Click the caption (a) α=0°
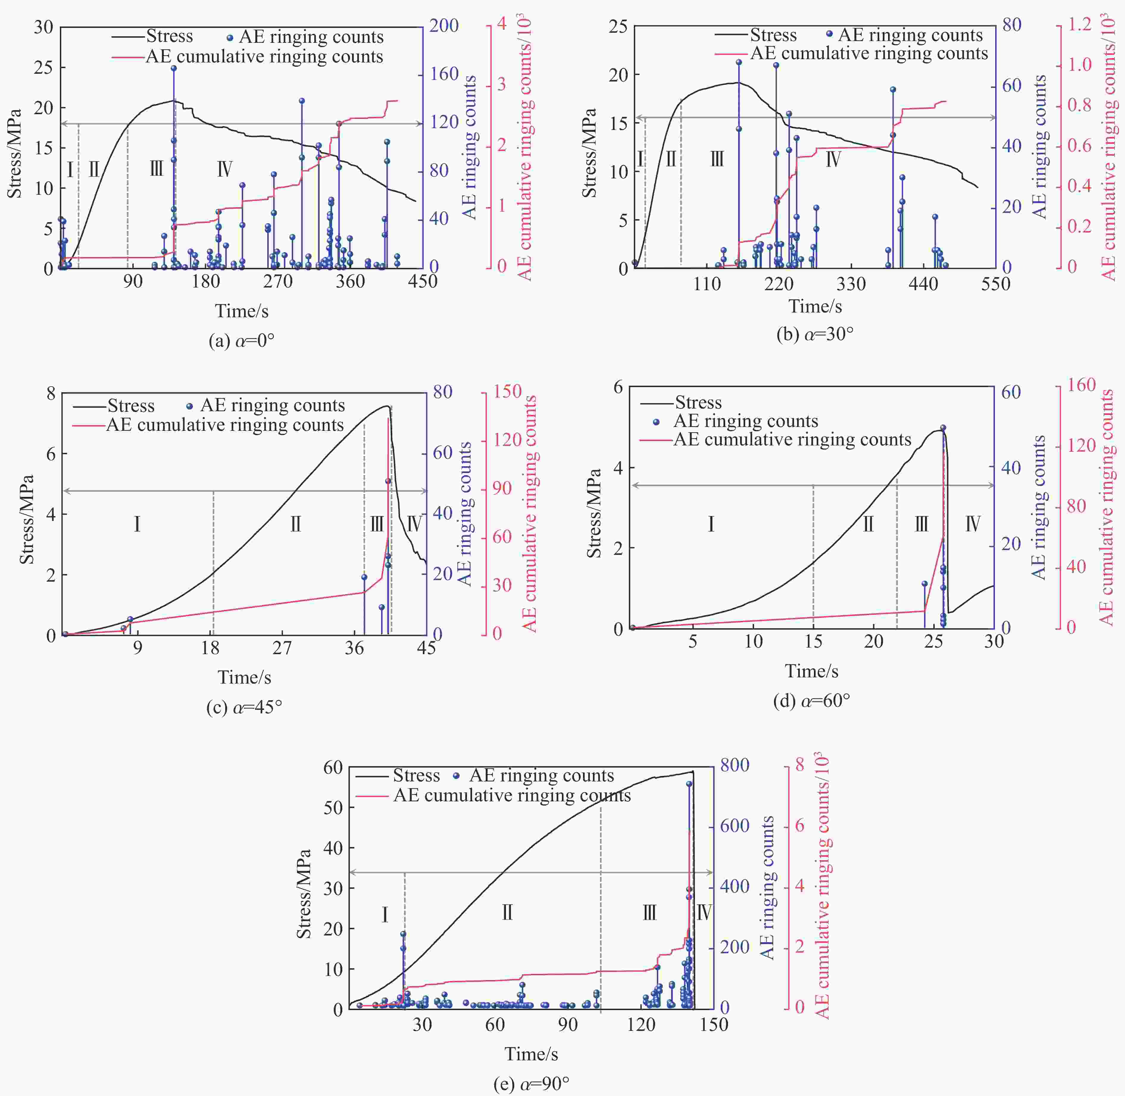241,341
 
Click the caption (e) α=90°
531,1084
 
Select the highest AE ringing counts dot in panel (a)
174,68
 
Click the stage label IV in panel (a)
225,169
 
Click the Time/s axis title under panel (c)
244,677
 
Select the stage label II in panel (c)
296,524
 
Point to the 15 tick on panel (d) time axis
813,641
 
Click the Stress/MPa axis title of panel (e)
304,894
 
